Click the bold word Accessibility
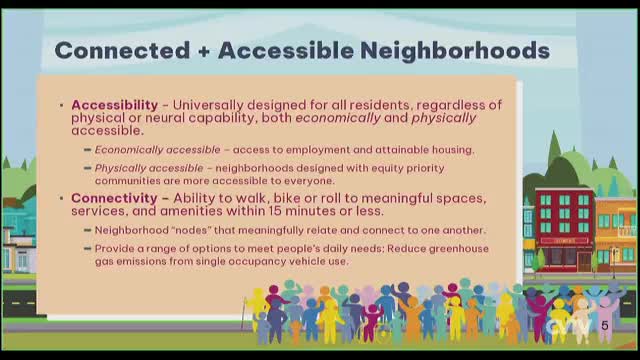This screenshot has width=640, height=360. tap(114, 104)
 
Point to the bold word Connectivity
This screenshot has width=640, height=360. tap(113, 198)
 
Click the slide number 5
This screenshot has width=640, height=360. tap(604, 326)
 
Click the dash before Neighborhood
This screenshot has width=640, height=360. tap(87, 230)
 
